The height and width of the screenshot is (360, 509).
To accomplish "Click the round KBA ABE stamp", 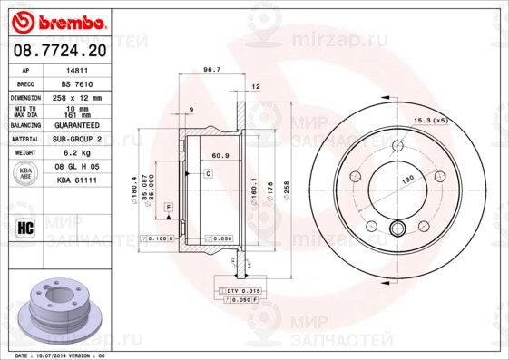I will point(26,175).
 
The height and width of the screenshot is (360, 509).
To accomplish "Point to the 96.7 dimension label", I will point(211,69).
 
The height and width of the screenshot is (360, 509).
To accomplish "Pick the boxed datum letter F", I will point(168,208).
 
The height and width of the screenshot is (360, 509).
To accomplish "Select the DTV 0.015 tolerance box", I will point(240,289).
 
